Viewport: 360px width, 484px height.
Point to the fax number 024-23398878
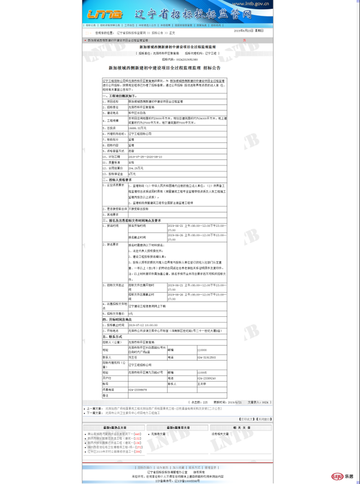click(x=139, y=389)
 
